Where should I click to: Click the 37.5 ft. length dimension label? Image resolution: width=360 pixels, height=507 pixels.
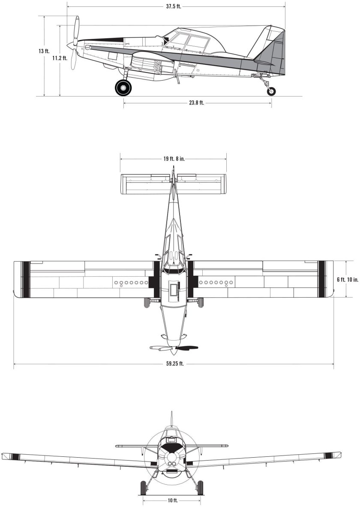coord(174,7)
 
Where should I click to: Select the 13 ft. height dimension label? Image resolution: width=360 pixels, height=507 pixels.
coord(44,51)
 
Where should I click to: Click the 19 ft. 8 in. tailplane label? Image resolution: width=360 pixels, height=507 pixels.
coord(174,159)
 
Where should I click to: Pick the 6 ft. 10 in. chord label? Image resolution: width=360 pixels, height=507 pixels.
coord(348,279)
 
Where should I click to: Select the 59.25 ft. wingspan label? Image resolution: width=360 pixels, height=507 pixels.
coord(174,364)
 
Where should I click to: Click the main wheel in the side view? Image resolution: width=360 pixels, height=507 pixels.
coord(123,88)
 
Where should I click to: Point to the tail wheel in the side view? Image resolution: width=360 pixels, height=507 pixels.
coord(271,91)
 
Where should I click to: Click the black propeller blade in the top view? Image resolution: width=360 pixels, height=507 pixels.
coord(187,347)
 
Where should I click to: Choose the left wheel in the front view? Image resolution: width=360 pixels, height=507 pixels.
coord(143,487)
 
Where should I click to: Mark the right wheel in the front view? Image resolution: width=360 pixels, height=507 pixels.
coord(200,487)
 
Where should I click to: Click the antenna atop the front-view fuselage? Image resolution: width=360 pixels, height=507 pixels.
coord(171,418)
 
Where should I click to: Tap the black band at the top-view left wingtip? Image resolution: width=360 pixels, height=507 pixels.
coord(26,279)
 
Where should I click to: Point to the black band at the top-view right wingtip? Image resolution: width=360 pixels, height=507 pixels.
coord(321,279)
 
